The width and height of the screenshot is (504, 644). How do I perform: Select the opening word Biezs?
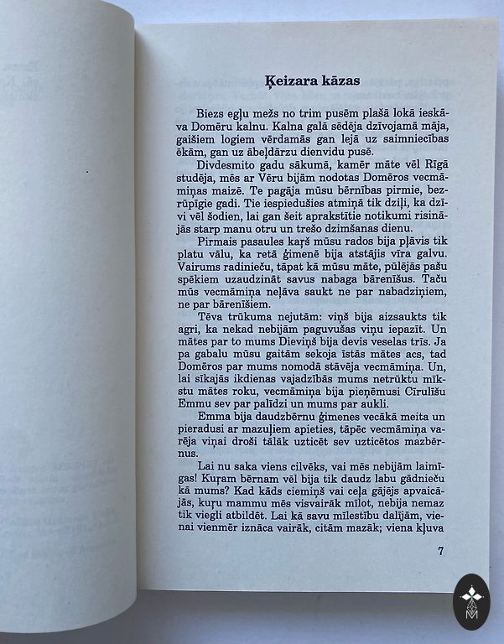pos(214,112)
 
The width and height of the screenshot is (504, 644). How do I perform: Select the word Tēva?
pos(210,319)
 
